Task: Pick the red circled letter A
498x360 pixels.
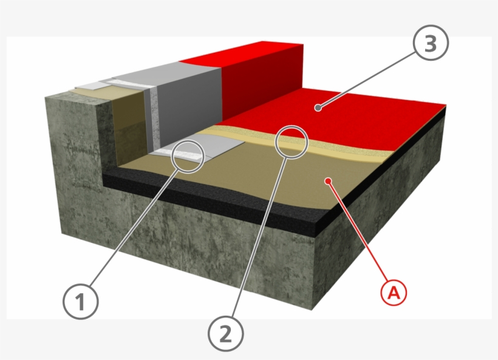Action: (393, 293)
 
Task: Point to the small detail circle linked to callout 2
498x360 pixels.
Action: (292, 141)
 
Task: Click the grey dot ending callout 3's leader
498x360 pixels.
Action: (317, 108)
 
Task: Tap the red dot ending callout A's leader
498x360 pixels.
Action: (328, 180)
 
